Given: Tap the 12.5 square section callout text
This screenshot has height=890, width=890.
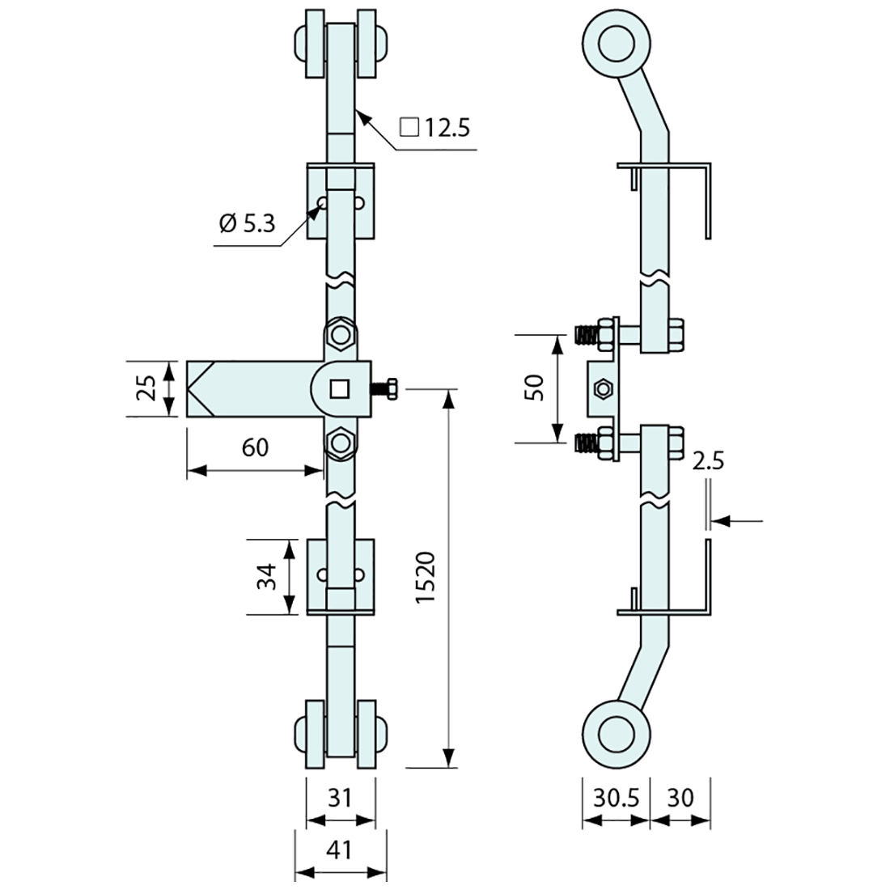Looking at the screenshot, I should click(x=436, y=127).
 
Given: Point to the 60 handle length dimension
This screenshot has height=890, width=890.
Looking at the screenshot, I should click(x=255, y=447).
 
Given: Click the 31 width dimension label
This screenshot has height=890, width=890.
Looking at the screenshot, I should click(x=341, y=798).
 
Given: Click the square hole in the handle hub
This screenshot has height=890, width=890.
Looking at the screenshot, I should click(x=341, y=389).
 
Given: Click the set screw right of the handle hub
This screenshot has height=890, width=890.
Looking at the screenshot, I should click(x=385, y=389).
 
